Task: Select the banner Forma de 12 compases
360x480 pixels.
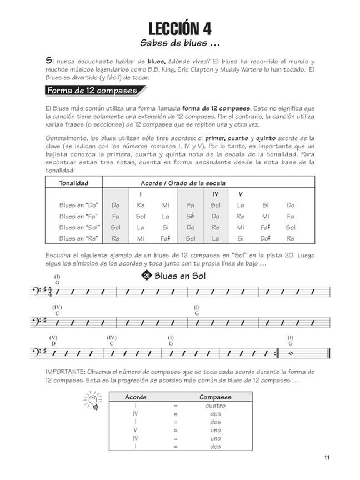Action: tap(92, 91)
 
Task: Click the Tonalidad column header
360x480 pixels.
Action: tap(73, 182)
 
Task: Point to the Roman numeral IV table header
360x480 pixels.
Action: tap(216, 194)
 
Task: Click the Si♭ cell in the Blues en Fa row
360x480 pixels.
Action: tap(191, 216)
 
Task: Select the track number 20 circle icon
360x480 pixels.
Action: tap(146, 276)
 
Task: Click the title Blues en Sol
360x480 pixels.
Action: tap(179, 276)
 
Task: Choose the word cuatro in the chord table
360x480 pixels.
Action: tap(214, 406)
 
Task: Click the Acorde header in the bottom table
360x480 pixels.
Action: tap(136, 397)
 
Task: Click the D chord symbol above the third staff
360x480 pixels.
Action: tap(53, 344)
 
